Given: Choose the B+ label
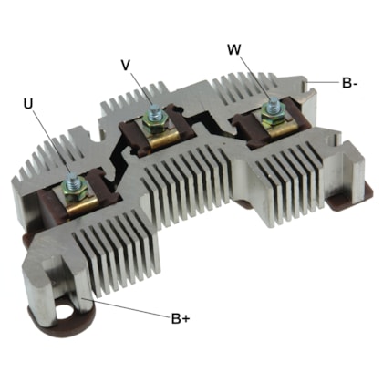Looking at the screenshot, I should [181, 319].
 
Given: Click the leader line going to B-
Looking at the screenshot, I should [323, 81].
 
